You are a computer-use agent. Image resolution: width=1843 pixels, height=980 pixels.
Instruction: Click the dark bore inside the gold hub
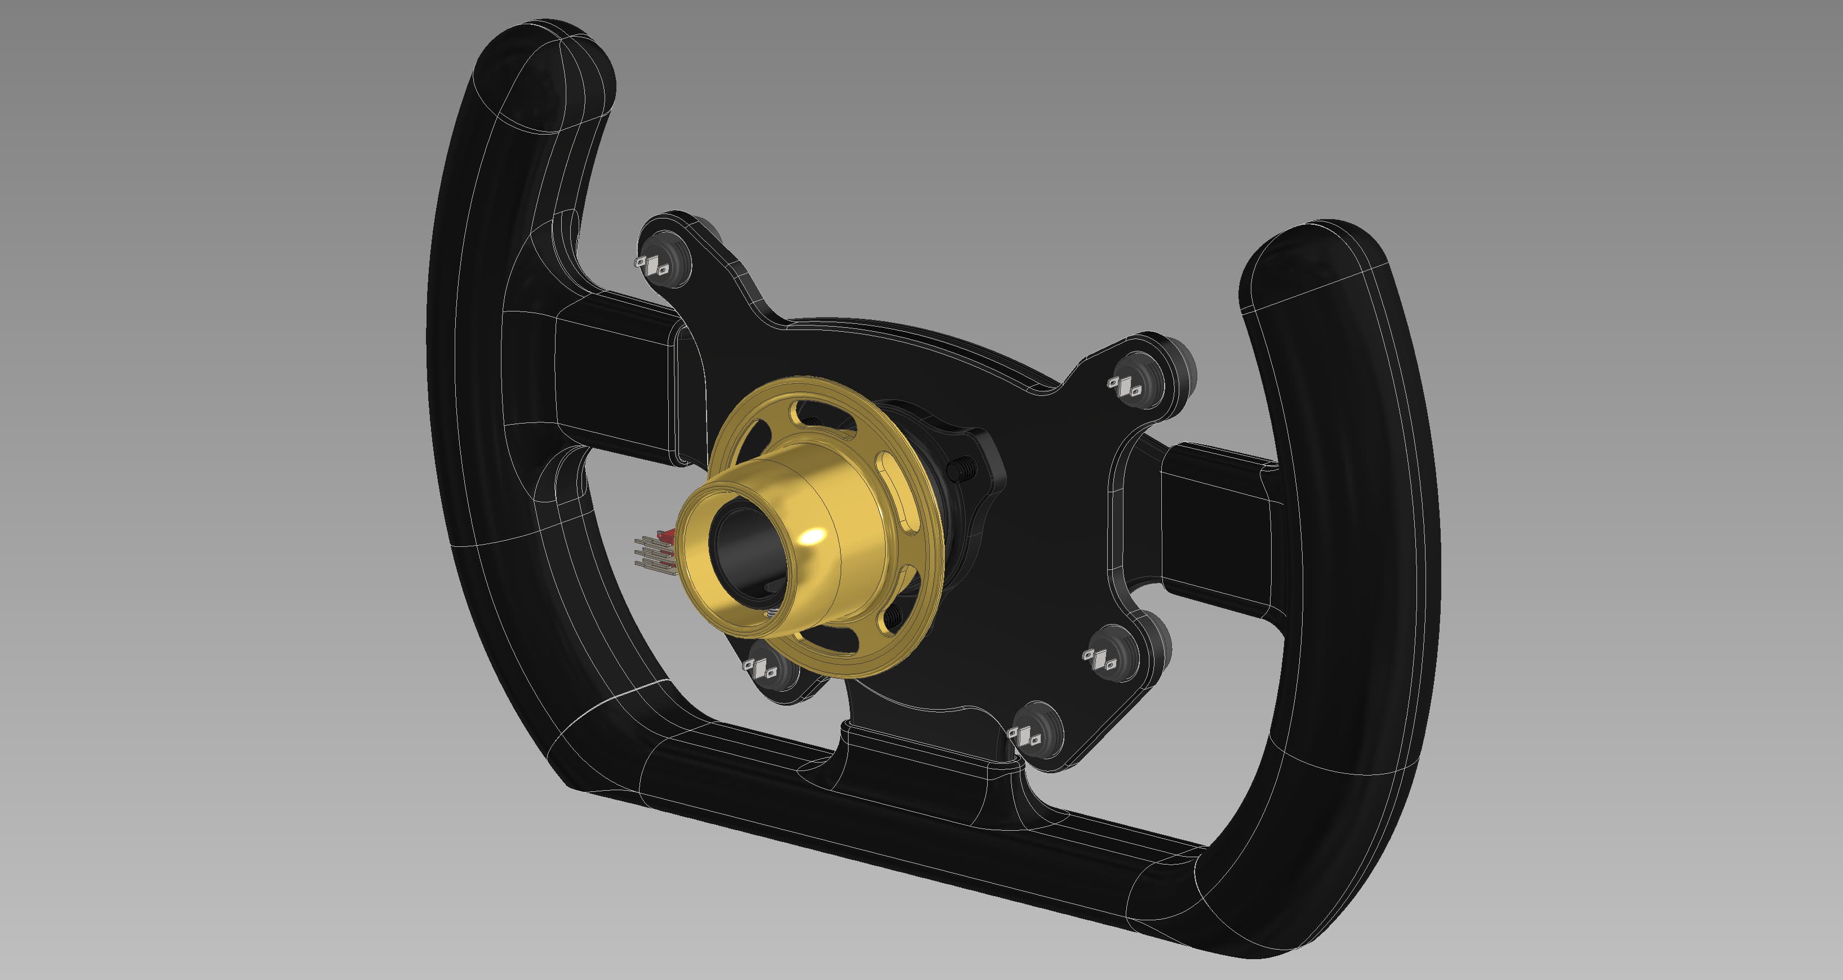tap(744, 551)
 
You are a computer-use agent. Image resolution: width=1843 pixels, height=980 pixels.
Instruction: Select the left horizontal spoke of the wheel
tap(615, 379)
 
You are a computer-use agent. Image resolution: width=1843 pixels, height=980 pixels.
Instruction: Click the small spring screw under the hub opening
tap(772, 612)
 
